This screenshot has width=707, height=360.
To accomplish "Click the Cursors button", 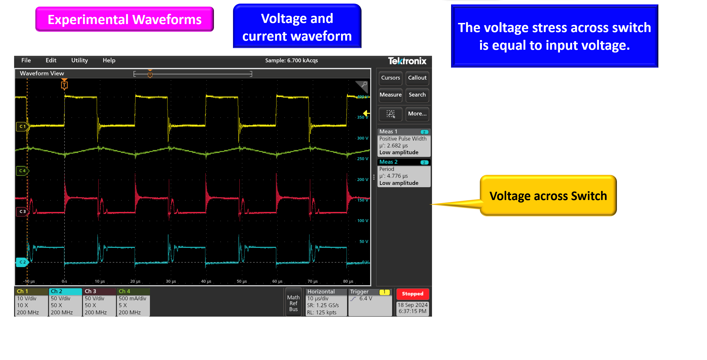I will (390, 78).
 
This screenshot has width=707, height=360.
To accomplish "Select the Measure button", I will (390, 95).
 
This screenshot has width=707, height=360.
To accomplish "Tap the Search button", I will (417, 95).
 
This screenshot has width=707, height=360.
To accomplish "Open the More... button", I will (417, 114).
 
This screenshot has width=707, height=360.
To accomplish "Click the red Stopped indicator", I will (412, 294).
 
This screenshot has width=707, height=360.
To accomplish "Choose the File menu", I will (26, 60).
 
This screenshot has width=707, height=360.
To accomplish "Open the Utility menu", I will (80, 60).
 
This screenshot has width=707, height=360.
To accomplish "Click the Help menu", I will (109, 60).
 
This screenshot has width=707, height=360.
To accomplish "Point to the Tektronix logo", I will (407, 61).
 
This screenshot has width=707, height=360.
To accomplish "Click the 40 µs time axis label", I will (206, 281).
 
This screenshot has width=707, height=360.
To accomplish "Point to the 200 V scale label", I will (363, 180).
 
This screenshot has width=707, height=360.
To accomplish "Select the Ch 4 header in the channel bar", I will (124, 291).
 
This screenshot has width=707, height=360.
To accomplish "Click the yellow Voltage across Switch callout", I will (548, 196).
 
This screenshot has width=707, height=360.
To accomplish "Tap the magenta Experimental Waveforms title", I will (125, 19).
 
